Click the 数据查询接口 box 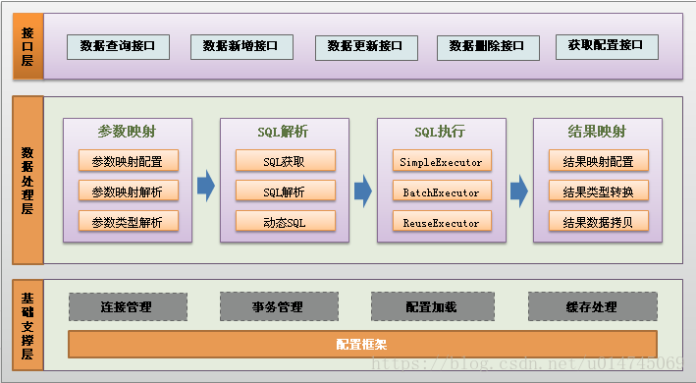[x=118, y=46]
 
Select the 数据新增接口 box [x=241, y=46]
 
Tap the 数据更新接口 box [x=366, y=47]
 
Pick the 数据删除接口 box [x=488, y=46]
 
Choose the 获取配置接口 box [x=606, y=45]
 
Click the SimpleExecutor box [x=441, y=161]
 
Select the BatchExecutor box [x=441, y=191]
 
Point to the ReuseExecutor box [x=441, y=222]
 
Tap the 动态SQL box [x=285, y=222]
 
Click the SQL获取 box [x=285, y=161]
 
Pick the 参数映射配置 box [x=128, y=161]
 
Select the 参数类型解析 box [x=128, y=222]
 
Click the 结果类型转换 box [x=599, y=191]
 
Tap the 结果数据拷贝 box [x=599, y=222]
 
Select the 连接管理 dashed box [x=127, y=306]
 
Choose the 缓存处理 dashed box [x=592, y=306]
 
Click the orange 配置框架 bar [x=361, y=345]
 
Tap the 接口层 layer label [x=27, y=46]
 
